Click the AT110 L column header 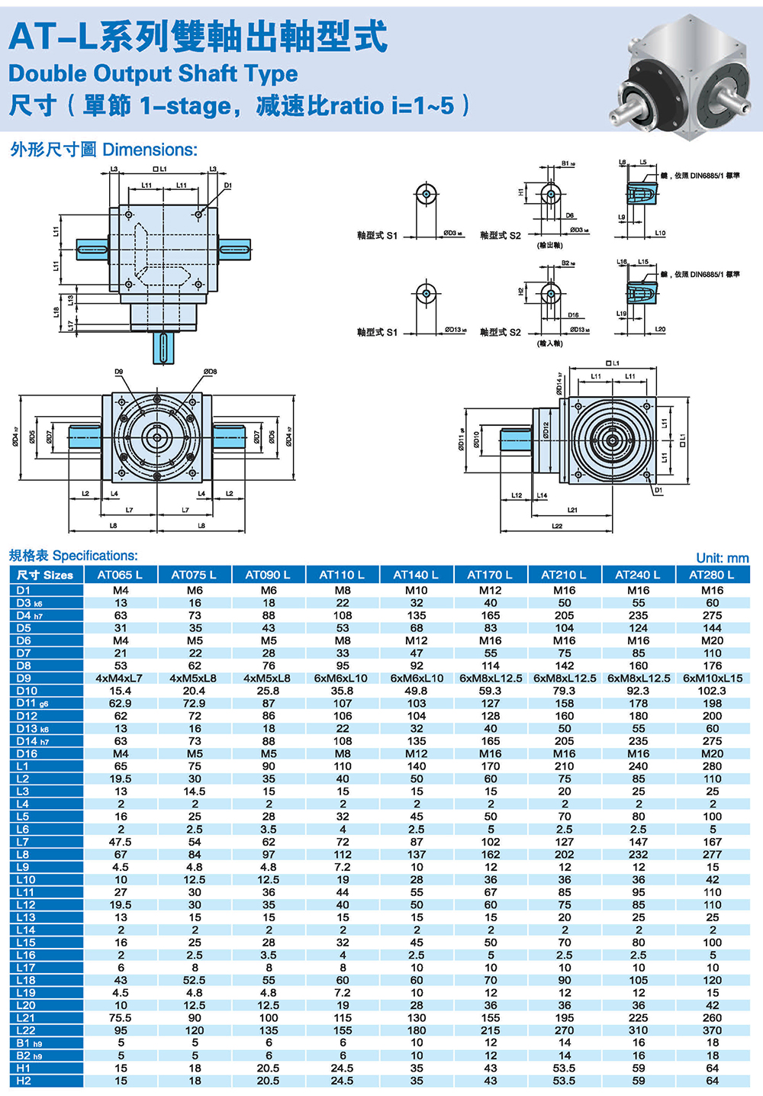[x=342, y=575]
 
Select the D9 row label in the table [x=24, y=678]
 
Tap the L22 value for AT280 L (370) [x=712, y=1030]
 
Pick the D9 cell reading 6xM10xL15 [x=712, y=678]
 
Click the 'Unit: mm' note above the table [x=722, y=558]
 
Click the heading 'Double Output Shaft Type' [x=153, y=73]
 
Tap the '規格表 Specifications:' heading [x=73, y=556]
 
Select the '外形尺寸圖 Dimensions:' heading [x=104, y=150]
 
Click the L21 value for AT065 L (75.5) [x=121, y=1017]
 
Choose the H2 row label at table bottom [x=24, y=1081]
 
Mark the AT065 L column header [x=121, y=575]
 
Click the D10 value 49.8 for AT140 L [x=416, y=691]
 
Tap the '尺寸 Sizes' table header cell [x=45, y=575]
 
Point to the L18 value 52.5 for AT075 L [x=195, y=980]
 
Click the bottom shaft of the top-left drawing [x=163, y=349]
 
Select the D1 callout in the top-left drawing [x=227, y=185]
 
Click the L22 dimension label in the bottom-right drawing [x=557, y=526]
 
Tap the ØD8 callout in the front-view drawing [x=211, y=372]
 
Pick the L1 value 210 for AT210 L [x=564, y=766]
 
